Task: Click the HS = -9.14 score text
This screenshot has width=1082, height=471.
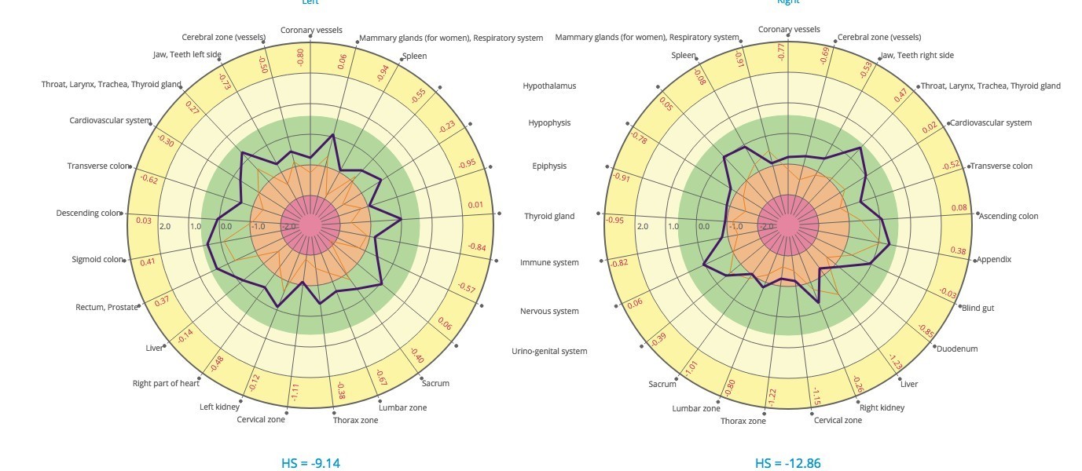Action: (310, 463)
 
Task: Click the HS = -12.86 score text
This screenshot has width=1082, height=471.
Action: (788, 463)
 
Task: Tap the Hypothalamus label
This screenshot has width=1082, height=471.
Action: (549, 86)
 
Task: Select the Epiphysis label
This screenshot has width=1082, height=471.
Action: (549, 166)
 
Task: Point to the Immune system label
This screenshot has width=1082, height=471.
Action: (549, 263)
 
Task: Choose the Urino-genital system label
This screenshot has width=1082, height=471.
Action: (549, 351)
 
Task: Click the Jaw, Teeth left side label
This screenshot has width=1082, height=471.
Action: (187, 55)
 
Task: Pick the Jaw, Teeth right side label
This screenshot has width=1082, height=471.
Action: (917, 56)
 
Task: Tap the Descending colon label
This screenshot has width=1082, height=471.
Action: (89, 214)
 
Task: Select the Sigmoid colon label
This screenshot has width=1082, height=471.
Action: (97, 260)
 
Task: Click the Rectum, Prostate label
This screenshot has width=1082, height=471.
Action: (106, 308)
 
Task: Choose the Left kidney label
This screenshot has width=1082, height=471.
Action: (219, 407)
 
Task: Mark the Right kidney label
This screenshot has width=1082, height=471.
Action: (882, 408)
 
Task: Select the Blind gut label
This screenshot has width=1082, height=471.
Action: (977, 309)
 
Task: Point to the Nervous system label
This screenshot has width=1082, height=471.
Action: (549, 312)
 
